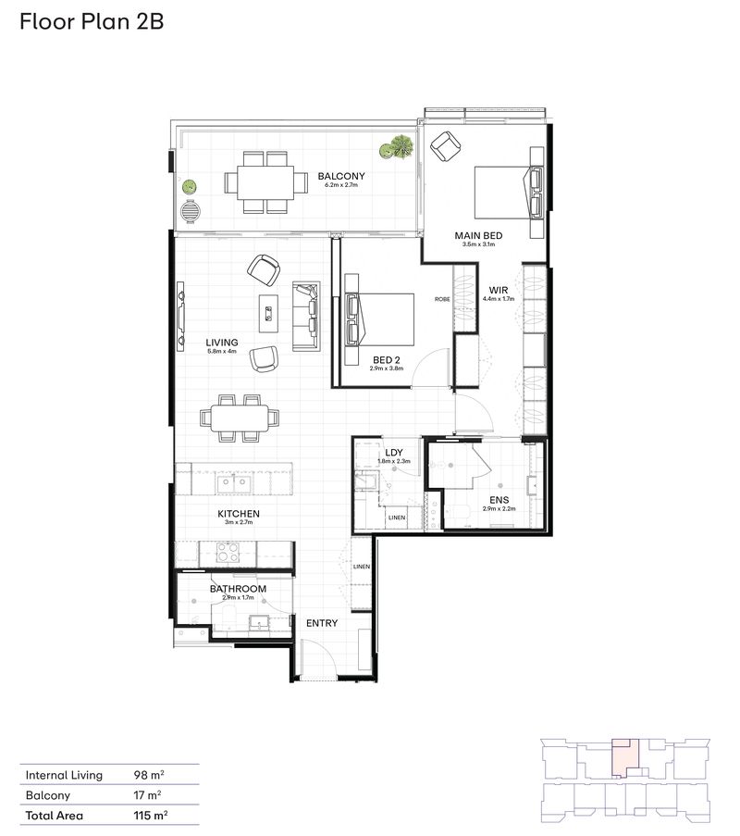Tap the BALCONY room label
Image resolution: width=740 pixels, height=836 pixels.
341,176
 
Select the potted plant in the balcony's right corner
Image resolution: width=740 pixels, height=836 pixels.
401,147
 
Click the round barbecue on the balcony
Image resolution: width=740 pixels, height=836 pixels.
191,212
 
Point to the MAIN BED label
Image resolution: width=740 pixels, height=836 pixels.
478,235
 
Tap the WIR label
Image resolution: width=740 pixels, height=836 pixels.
499,289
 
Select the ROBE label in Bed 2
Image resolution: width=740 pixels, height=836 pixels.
443,299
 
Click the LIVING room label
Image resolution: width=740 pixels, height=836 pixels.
222,343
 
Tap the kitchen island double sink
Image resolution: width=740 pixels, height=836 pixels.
232,482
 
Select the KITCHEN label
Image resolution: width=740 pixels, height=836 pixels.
239,513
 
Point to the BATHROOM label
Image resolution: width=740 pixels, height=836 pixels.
238,589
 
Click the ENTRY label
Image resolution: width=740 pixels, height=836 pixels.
322,623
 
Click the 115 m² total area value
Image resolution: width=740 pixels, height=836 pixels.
148,816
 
